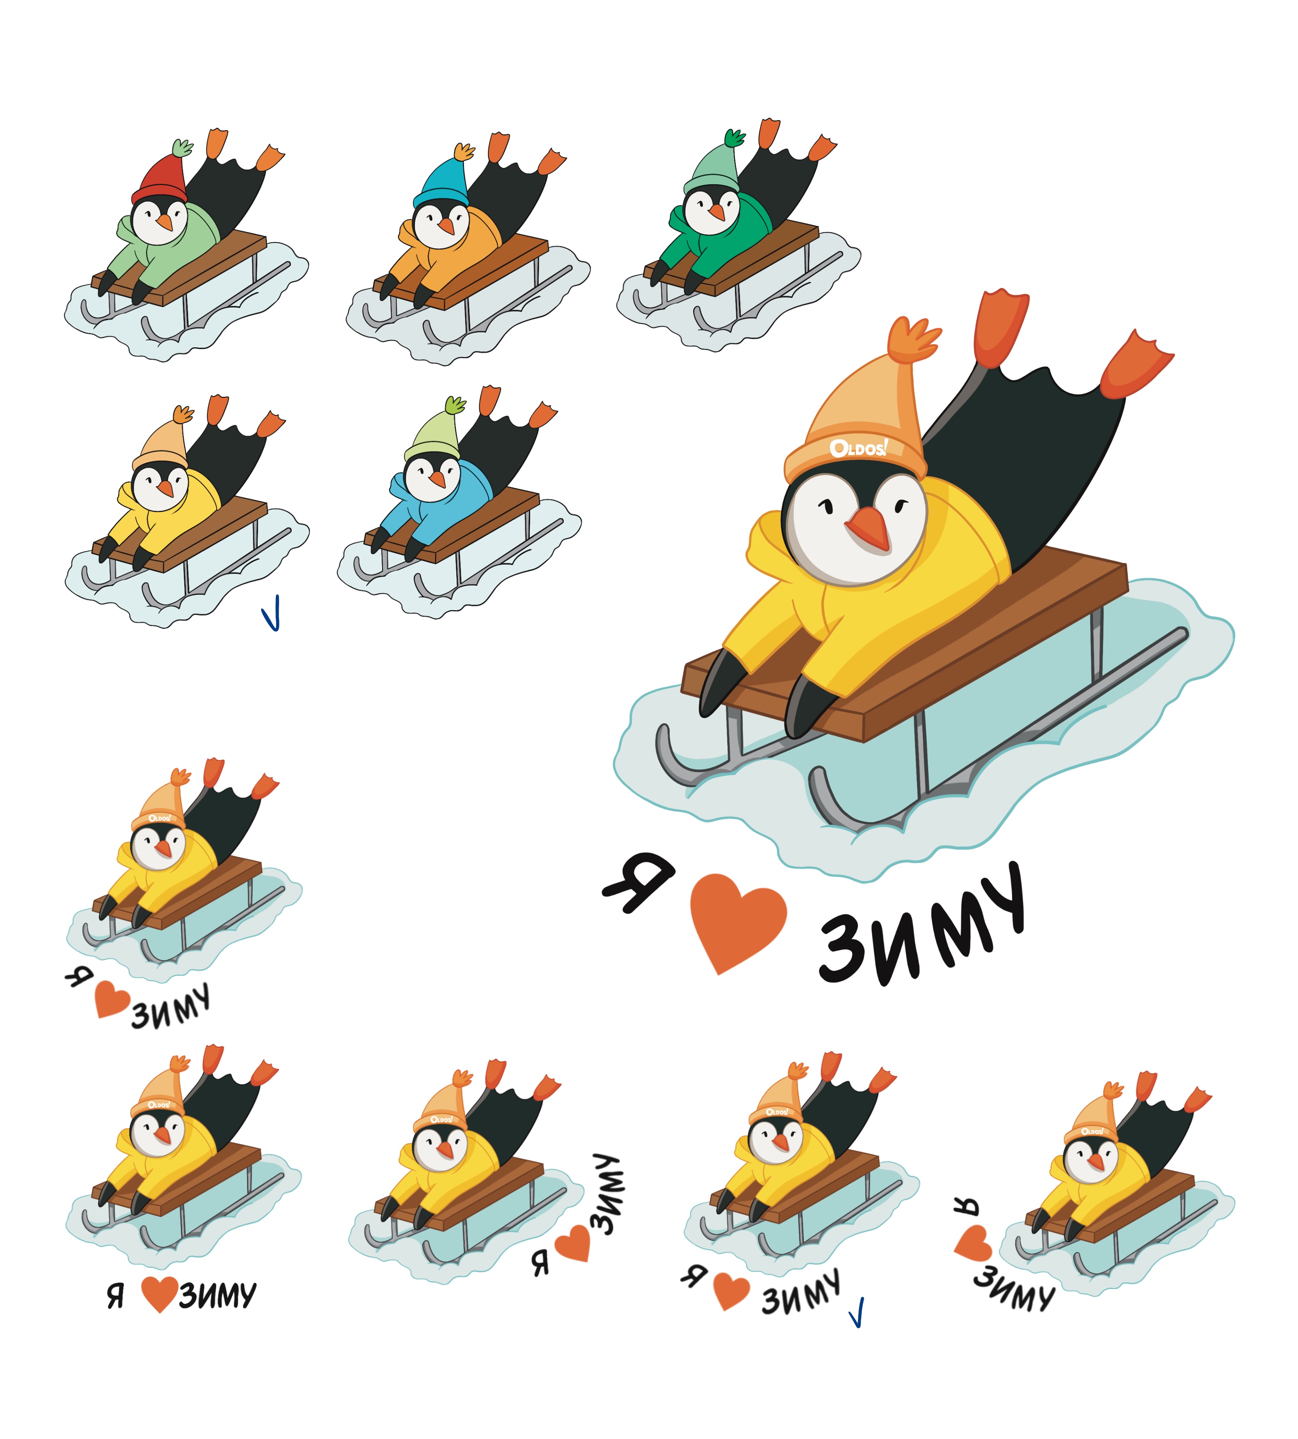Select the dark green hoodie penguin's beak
(x=716, y=211)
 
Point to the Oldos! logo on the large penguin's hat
(x=858, y=448)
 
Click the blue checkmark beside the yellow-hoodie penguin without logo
(x=271, y=613)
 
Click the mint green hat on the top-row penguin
(x=712, y=171)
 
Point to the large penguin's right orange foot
(x=1134, y=365)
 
